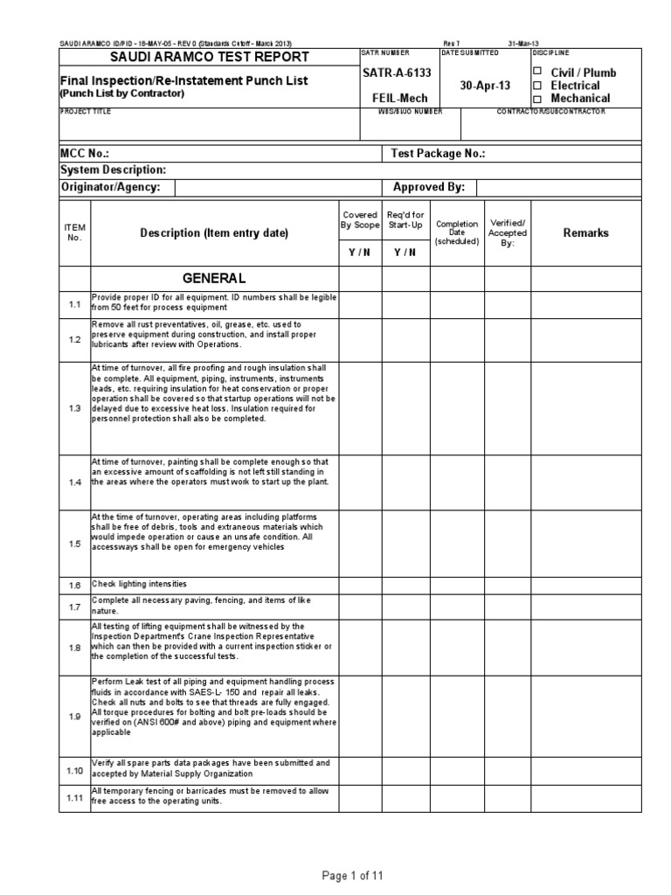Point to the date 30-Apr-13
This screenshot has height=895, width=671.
click(x=485, y=86)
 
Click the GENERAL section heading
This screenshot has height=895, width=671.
click(x=214, y=278)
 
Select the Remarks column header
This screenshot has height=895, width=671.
click(x=586, y=232)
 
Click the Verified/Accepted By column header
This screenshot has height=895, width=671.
click(x=508, y=233)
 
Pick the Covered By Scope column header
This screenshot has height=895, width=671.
click(x=359, y=219)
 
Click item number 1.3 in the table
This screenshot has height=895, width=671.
click(x=74, y=408)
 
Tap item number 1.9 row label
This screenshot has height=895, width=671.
click(x=74, y=717)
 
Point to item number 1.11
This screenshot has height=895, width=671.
click(x=74, y=798)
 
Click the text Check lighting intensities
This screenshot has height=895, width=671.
click(x=140, y=584)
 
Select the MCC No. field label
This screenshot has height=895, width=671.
click(x=84, y=153)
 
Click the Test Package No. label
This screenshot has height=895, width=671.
click(x=439, y=153)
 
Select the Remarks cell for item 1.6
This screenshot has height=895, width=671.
click(x=586, y=584)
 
